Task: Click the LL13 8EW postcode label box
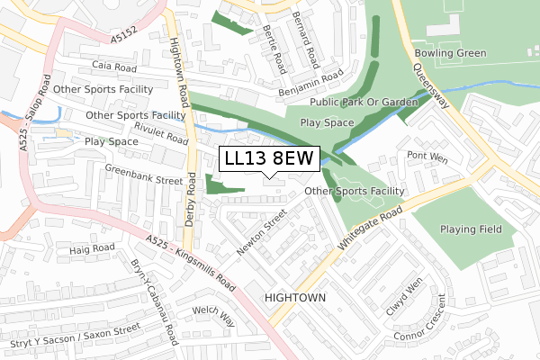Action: tap(269, 158)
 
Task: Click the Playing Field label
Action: tap(471, 229)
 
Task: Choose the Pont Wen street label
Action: tap(427, 156)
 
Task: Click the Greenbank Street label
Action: tap(143, 180)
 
